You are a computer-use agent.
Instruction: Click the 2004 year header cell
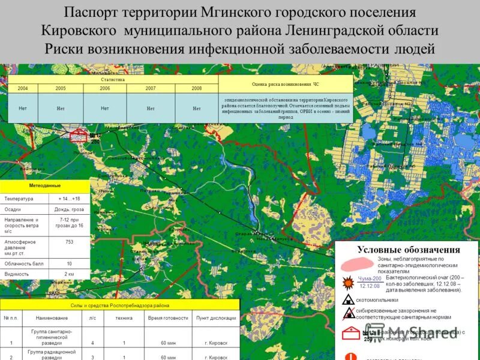pos(23,88)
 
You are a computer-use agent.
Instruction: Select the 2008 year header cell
pos(196,88)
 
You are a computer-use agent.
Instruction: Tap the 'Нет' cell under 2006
pos(105,109)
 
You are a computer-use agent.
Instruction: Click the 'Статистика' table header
pos(113,79)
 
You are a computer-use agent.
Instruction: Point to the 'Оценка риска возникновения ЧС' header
pos(285,85)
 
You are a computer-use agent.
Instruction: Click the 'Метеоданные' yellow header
pos(45,186)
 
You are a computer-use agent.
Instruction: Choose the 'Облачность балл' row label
pos(25,263)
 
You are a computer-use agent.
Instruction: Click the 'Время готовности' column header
pos(168,318)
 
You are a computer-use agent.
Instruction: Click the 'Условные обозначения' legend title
pos(408,250)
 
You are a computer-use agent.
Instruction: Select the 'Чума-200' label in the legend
pos(370,278)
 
